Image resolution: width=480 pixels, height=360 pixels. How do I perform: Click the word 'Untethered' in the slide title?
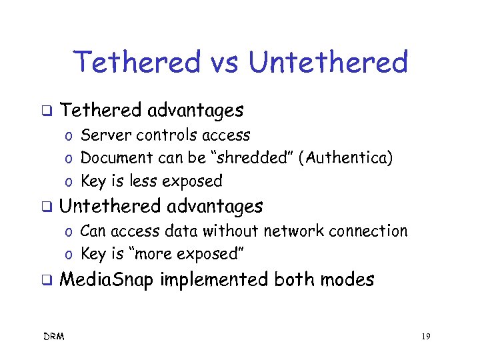pos(327,63)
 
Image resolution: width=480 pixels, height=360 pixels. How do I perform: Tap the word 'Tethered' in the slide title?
pos(137,63)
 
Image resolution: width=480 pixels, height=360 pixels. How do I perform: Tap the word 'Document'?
pos(117,158)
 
